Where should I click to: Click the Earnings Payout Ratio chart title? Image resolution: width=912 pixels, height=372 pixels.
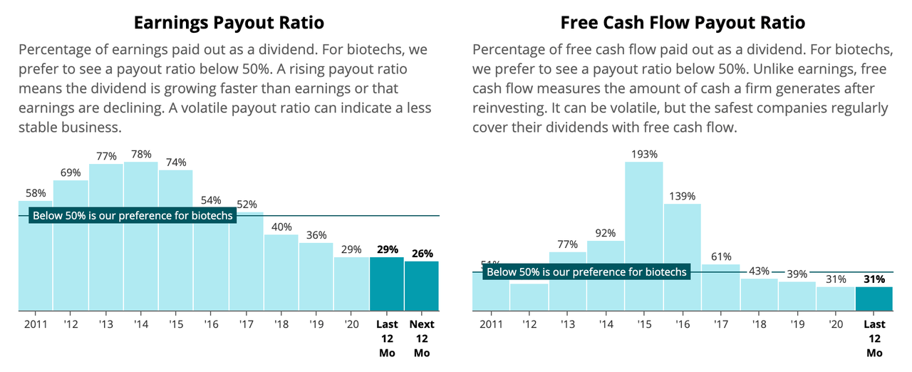click(x=229, y=23)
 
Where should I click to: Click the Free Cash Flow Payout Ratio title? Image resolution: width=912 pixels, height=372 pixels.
click(x=683, y=23)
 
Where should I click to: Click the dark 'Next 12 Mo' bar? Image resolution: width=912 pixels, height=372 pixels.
click(x=422, y=286)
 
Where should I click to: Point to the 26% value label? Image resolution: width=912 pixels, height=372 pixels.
click(x=422, y=253)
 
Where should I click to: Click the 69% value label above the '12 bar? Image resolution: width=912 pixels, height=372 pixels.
click(x=71, y=172)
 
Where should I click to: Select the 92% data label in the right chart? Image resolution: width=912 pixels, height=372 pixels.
click(x=605, y=232)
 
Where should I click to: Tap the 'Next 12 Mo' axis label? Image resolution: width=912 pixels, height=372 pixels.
click(x=422, y=339)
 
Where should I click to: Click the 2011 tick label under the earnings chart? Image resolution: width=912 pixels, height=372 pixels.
click(x=36, y=324)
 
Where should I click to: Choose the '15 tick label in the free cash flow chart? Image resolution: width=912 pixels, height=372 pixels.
click(x=643, y=324)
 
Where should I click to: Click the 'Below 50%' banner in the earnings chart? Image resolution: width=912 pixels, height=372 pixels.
click(x=132, y=215)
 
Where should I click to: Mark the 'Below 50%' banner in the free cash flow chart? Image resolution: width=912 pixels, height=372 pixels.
click(x=586, y=272)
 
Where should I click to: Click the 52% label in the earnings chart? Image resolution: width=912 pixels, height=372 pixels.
click(x=246, y=205)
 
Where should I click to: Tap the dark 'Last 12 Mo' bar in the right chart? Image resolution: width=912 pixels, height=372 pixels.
click(x=874, y=299)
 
